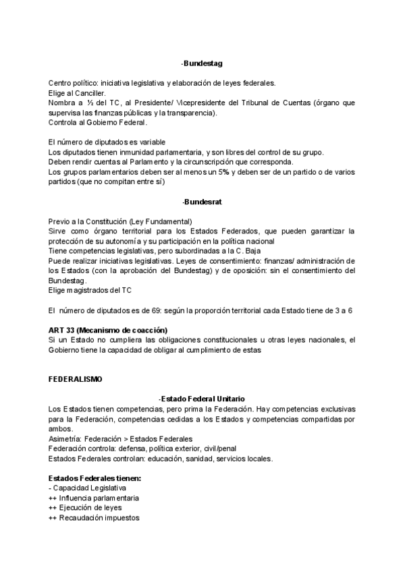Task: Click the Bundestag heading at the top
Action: tap(202, 63)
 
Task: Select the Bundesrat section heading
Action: tap(202, 202)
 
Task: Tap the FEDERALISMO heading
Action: tap(76, 380)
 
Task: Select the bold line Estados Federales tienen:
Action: tap(94, 479)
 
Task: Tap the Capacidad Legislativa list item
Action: tap(91, 488)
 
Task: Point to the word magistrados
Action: tap(90, 290)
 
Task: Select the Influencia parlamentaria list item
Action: tap(99, 498)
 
